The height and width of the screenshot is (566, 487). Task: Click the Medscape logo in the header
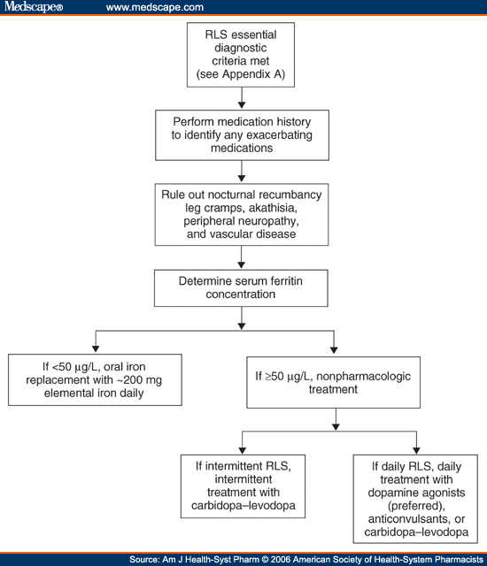click(34, 7)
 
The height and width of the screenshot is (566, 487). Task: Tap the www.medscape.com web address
click(155, 7)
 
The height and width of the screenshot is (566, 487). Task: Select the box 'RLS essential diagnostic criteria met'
click(241, 55)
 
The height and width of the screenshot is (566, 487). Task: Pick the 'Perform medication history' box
click(242, 135)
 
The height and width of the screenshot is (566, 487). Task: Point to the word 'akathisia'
click(273, 208)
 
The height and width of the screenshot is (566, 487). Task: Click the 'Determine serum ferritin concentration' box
click(241, 288)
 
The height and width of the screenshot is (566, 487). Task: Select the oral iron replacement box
click(95, 379)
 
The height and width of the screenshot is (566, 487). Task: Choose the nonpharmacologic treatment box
click(334, 383)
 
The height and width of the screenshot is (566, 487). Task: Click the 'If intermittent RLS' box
click(243, 486)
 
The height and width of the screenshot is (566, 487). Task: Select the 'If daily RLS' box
click(415, 499)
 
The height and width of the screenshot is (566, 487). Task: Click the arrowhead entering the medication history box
click(242, 104)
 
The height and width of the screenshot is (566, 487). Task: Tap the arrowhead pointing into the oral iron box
click(96, 348)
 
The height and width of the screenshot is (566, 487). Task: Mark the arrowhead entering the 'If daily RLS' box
click(416, 450)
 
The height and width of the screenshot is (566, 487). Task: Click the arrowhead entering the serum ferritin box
click(242, 264)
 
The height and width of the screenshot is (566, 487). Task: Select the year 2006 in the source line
click(281, 560)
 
